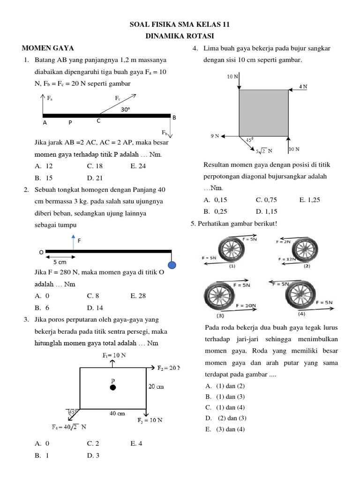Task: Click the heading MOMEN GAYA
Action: pyautogui.click(x=48, y=48)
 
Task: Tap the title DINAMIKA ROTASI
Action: pyautogui.click(x=180, y=36)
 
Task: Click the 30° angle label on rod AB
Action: pyautogui.click(x=125, y=109)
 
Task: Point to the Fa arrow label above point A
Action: pyautogui.click(x=50, y=99)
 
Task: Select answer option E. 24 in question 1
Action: pyautogui.click(x=139, y=166)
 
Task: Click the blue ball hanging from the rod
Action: pyautogui.click(x=172, y=265)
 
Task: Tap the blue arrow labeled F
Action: pyautogui.click(x=73, y=243)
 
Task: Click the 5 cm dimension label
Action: pyautogui.click(x=60, y=262)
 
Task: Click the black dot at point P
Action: pyautogui.click(x=112, y=388)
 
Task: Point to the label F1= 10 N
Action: pyautogui.click(x=114, y=355)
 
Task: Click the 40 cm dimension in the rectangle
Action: pyautogui.click(x=117, y=413)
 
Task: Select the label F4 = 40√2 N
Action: pyautogui.click(x=69, y=427)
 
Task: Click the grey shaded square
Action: pyautogui.click(x=263, y=113)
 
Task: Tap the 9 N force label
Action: pyautogui.click(x=214, y=136)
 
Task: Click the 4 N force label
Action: pyautogui.click(x=304, y=87)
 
